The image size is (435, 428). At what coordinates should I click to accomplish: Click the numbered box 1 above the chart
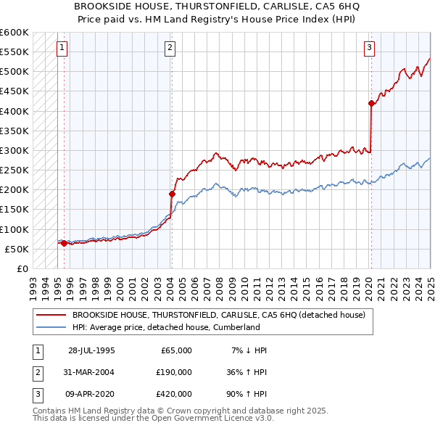click(62, 49)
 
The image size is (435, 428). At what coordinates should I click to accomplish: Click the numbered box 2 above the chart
click(170, 49)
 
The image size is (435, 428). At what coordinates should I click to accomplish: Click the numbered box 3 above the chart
click(369, 49)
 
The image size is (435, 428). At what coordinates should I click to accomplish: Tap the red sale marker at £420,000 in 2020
click(371, 103)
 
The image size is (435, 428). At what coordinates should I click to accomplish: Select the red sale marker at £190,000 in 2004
click(172, 194)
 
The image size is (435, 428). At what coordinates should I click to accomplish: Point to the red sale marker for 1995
click(64, 243)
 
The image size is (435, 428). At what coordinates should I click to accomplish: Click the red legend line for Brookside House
click(51, 314)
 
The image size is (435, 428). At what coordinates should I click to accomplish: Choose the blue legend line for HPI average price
click(51, 327)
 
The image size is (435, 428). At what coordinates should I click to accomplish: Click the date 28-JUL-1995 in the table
click(91, 350)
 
